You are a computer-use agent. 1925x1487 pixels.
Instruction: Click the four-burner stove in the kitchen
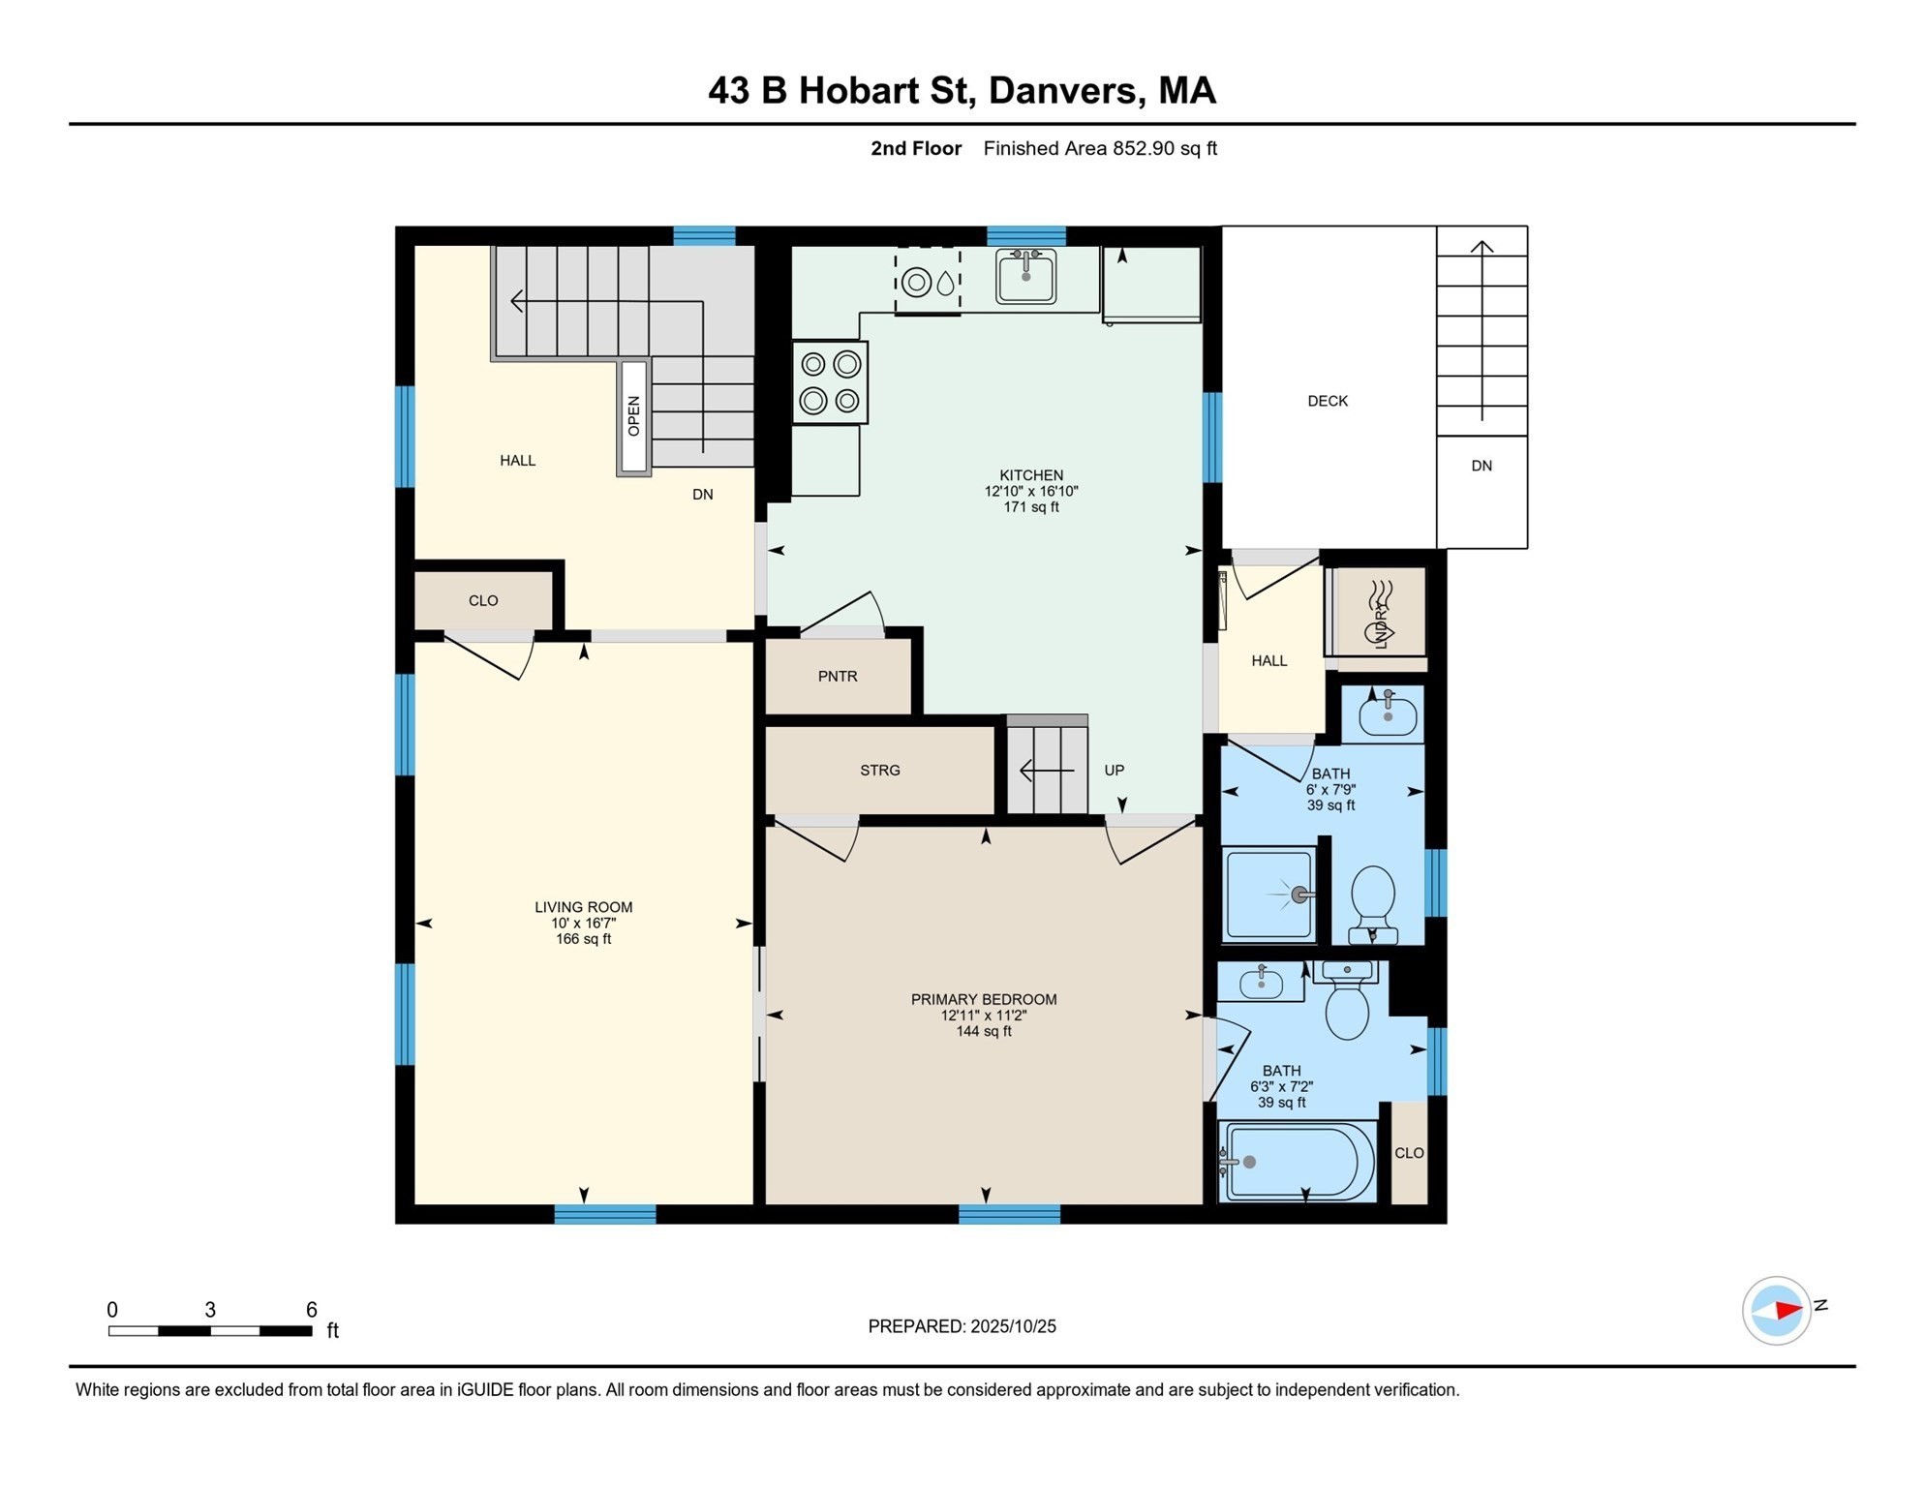pyautogui.click(x=830, y=382)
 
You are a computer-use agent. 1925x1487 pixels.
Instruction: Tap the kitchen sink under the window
pyautogui.click(x=1025, y=276)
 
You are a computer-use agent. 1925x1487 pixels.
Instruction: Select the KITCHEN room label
pyautogui.click(x=1031, y=475)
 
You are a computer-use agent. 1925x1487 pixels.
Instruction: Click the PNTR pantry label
pyautogui.click(x=838, y=677)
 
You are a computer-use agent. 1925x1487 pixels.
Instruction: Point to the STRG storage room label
pyautogui.click(x=879, y=771)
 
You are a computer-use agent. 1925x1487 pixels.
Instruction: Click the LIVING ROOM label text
pyautogui.click(x=583, y=907)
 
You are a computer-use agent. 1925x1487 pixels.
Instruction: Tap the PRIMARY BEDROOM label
pyautogui.click(x=983, y=999)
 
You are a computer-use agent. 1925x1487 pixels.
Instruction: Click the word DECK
pyautogui.click(x=1327, y=401)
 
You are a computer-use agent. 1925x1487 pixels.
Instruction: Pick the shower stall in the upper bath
pyautogui.click(x=1269, y=895)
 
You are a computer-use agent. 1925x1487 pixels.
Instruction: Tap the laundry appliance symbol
pyautogui.click(x=1380, y=613)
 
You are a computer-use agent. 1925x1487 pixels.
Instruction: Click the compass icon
pyautogui.click(x=1776, y=1311)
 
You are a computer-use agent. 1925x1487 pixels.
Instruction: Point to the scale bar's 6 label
pyautogui.click(x=312, y=1310)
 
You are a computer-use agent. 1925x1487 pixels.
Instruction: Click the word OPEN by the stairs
pyautogui.click(x=634, y=416)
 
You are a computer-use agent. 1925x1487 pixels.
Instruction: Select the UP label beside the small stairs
pyautogui.click(x=1114, y=771)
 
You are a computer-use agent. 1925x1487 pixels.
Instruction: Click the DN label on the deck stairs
pyautogui.click(x=1481, y=466)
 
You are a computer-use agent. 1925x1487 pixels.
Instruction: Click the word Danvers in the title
pyautogui.click(x=1062, y=90)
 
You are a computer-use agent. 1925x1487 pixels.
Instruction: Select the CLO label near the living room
pyautogui.click(x=483, y=601)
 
